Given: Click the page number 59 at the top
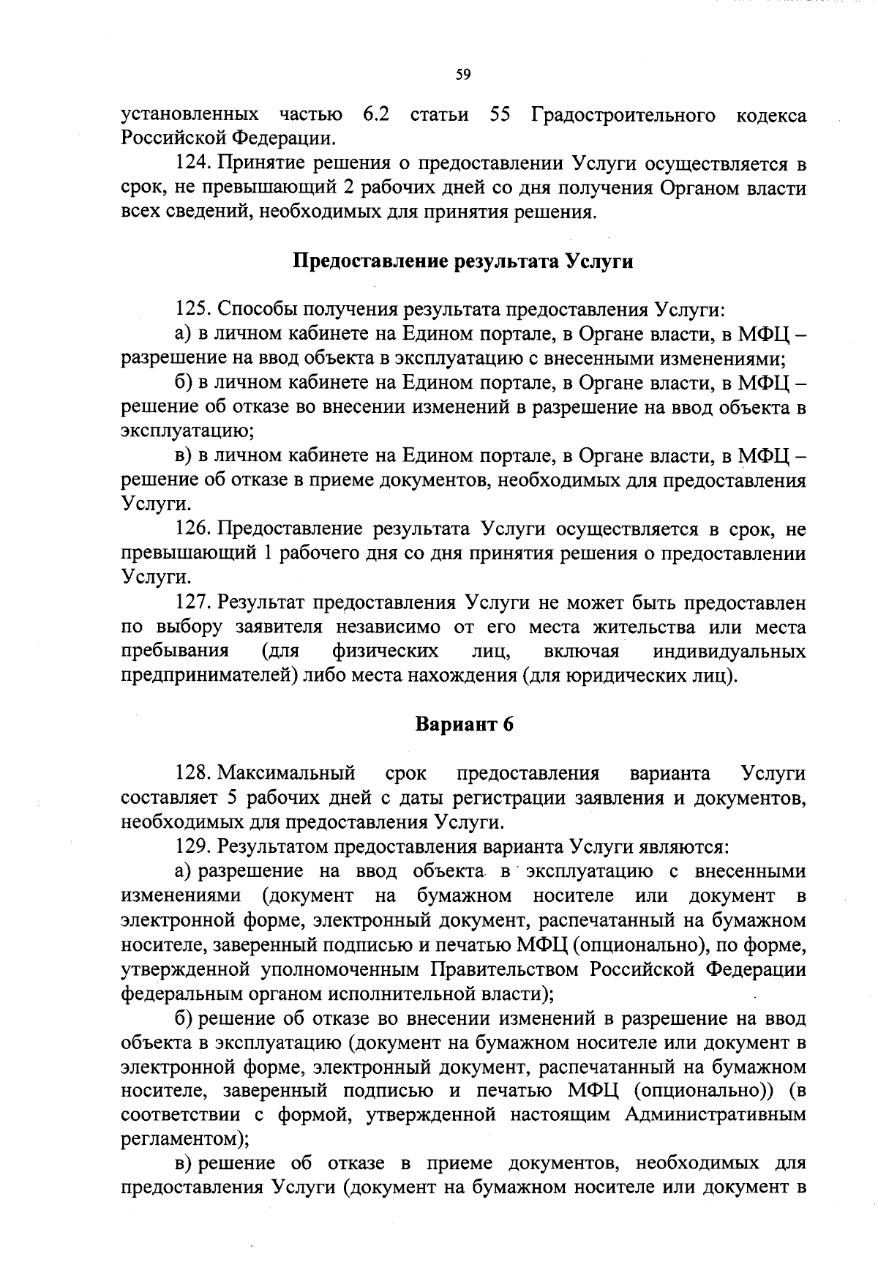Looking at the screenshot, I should tap(462, 74).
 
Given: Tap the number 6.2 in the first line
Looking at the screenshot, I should tap(375, 116).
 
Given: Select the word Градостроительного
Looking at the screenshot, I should tap(623, 116).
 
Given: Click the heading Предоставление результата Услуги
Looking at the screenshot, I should tap(463, 261).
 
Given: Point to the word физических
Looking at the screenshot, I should tap(386, 652).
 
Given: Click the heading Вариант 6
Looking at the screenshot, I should tap(464, 725).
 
